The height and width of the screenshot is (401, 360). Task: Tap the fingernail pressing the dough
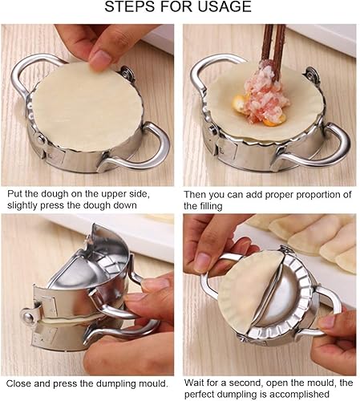coord(101,58)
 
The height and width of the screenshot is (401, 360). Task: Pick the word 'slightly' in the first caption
coord(24,206)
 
